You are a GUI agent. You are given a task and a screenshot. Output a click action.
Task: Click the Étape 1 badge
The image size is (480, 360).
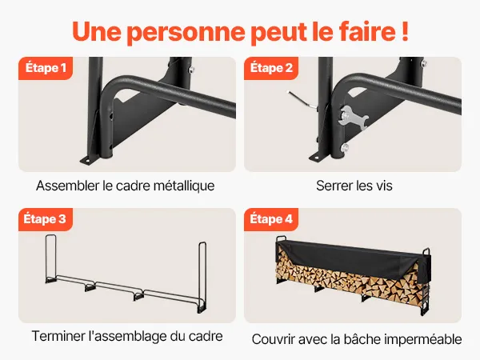[46, 68]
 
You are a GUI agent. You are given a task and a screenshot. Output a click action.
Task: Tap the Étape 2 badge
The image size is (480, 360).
[271, 68]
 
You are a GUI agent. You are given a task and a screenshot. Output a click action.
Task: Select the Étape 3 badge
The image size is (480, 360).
[46, 219]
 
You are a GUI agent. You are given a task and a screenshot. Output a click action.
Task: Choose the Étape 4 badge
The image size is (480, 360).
[271, 219]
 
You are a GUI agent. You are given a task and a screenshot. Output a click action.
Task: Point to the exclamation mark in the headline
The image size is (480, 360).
[405, 31]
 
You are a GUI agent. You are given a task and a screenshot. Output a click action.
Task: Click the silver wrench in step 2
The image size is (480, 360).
[353, 118]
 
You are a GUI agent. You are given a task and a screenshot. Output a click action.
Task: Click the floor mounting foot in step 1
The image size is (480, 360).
[89, 161]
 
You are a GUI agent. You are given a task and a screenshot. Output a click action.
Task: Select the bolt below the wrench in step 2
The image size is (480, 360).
[345, 148]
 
